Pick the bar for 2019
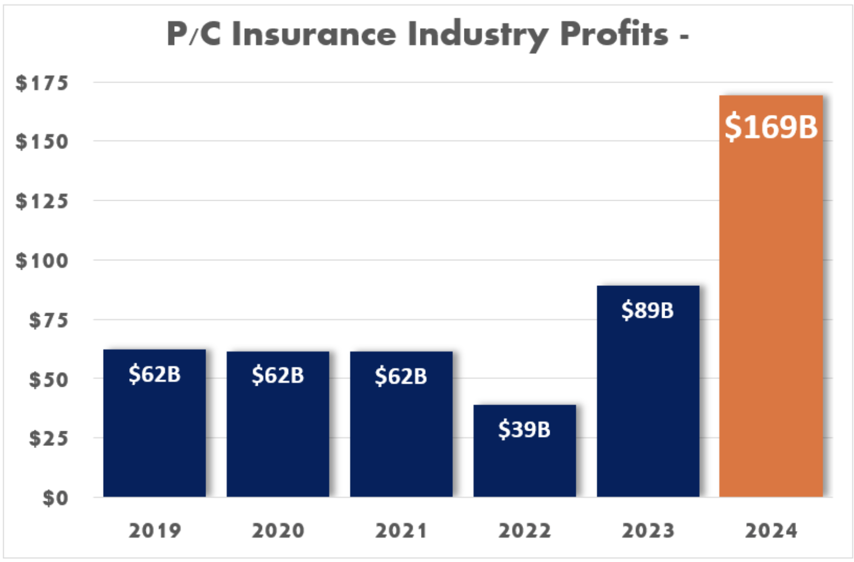pos(155,434)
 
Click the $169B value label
pos(770,127)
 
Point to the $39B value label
pos(524,429)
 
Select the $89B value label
pos(647,310)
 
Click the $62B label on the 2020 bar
pos(278,375)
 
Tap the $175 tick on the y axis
pos(42,83)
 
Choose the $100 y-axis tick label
pos(42,261)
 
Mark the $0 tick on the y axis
pos(55,498)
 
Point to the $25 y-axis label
pos(49,438)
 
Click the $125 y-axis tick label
pos(42,201)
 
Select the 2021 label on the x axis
pos(401,531)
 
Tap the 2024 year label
pos(771,531)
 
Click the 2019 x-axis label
pos(155,531)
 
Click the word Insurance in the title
pos(314,34)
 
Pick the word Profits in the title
pos(614,34)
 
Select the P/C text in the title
pos(194,34)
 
